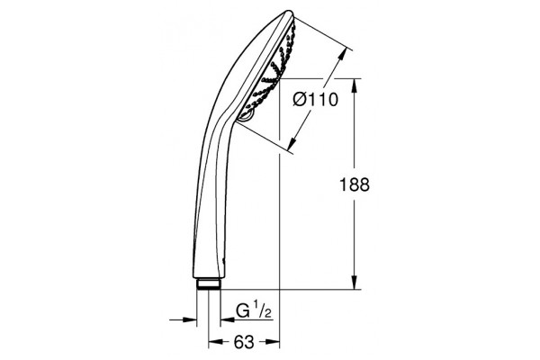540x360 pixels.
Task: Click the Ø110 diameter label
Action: point(316,100)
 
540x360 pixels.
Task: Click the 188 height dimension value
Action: point(355,184)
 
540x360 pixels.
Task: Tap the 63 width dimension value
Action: point(244,342)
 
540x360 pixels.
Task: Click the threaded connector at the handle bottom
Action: point(209,283)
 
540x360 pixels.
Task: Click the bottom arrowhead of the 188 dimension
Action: point(355,283)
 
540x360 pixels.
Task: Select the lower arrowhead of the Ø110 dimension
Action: point(292,144)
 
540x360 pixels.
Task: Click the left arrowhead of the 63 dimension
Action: point(215,342)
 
